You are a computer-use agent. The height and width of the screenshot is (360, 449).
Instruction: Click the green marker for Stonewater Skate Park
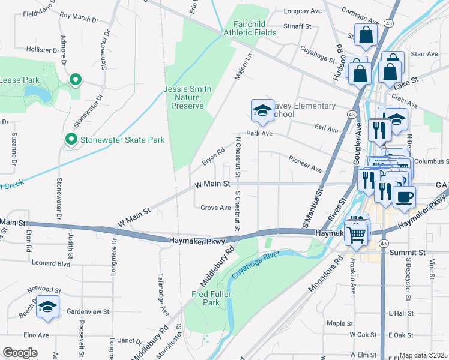pos(71,140)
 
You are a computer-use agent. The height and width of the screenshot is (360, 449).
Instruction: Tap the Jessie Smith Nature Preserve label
pos(187,97)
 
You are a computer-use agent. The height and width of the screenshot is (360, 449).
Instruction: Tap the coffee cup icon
pos(404,196)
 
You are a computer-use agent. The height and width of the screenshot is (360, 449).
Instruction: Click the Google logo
pos(20,353)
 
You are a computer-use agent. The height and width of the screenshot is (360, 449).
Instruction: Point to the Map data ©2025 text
pos(424,355)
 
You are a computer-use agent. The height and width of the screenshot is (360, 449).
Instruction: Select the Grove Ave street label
pos(215,208)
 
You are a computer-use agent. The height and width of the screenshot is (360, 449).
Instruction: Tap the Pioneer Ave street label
pos(305,165)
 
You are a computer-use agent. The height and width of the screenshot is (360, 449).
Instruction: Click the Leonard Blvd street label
pos(52,263)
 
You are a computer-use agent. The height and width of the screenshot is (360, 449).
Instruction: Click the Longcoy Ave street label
pos(303,11)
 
